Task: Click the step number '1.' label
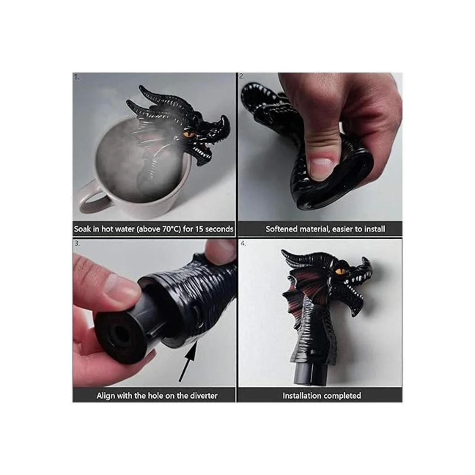(77, 77)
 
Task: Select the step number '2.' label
(242, 76)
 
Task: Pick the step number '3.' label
(77, 243)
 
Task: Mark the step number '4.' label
(243, 243)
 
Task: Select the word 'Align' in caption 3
(106, 396)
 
